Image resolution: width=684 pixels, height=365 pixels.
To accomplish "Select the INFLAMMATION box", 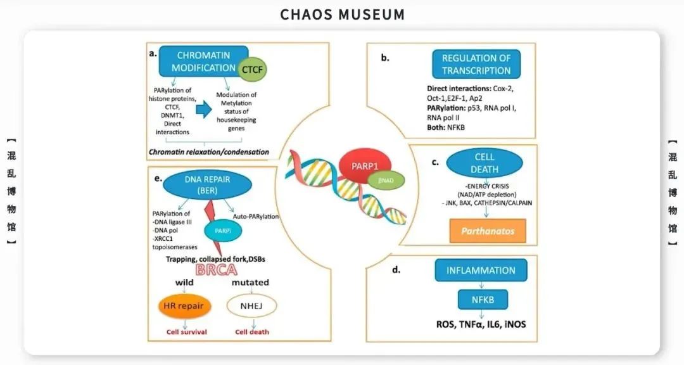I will coord(481,271).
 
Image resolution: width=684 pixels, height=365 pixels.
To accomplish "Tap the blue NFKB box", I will coord(481,298).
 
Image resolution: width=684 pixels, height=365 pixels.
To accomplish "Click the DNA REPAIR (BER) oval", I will coord(208,185).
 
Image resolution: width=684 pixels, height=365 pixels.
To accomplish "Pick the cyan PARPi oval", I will coord(220,231).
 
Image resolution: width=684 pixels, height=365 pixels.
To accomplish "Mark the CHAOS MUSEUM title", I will coord(342,14).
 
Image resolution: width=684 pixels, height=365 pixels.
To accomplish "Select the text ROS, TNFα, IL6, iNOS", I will coord(481,324).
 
